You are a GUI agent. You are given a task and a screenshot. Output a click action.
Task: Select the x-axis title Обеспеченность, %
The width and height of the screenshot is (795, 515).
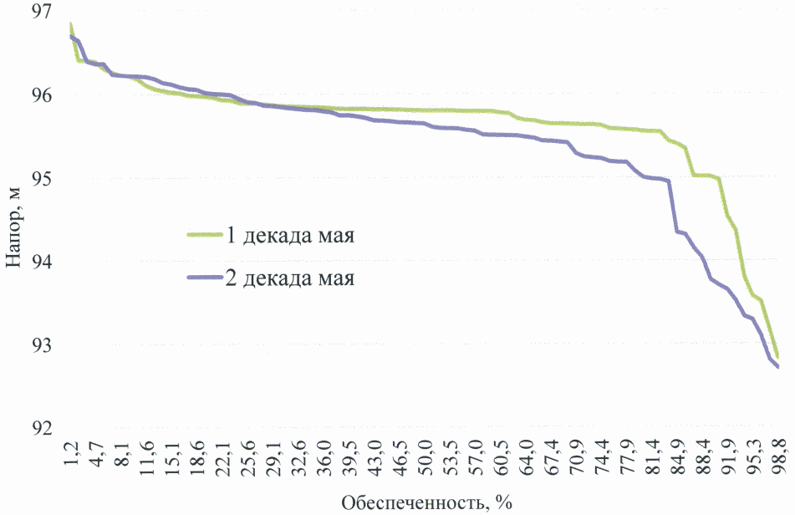(426, 502)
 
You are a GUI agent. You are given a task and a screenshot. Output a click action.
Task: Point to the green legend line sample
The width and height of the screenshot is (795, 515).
(203, 235)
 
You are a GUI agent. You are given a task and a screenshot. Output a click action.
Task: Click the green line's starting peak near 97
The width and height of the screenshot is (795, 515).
(71, 24)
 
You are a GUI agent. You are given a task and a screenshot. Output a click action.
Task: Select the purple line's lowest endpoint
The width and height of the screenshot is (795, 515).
(777, 366)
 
